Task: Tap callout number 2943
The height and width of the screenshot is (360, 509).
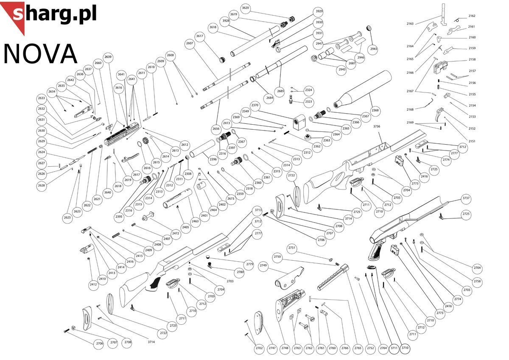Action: click(374, 49)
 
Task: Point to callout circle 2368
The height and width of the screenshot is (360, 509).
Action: click(375, 110)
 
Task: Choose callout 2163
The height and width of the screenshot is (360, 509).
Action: click(410, 24)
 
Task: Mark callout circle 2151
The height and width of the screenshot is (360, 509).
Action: click(472, 141)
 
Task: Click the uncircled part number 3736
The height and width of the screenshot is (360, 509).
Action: click(377, 126)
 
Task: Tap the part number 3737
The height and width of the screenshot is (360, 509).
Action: click(466, 198)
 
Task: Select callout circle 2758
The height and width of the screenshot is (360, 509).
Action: click(477, 281)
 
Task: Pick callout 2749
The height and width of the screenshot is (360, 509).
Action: click(263, 265)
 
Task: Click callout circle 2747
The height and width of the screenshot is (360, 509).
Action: click(272, 348)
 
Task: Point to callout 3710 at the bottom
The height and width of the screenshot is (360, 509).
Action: click(405, 348)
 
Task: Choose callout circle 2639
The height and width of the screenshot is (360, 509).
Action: click(108, 57)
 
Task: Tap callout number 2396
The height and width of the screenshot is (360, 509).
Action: click(213, 159)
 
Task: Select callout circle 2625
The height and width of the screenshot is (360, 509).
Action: click(67, 217)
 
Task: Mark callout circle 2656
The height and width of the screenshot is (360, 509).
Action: click(216, 128)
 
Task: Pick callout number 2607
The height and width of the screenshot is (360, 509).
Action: click(190, 44)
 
